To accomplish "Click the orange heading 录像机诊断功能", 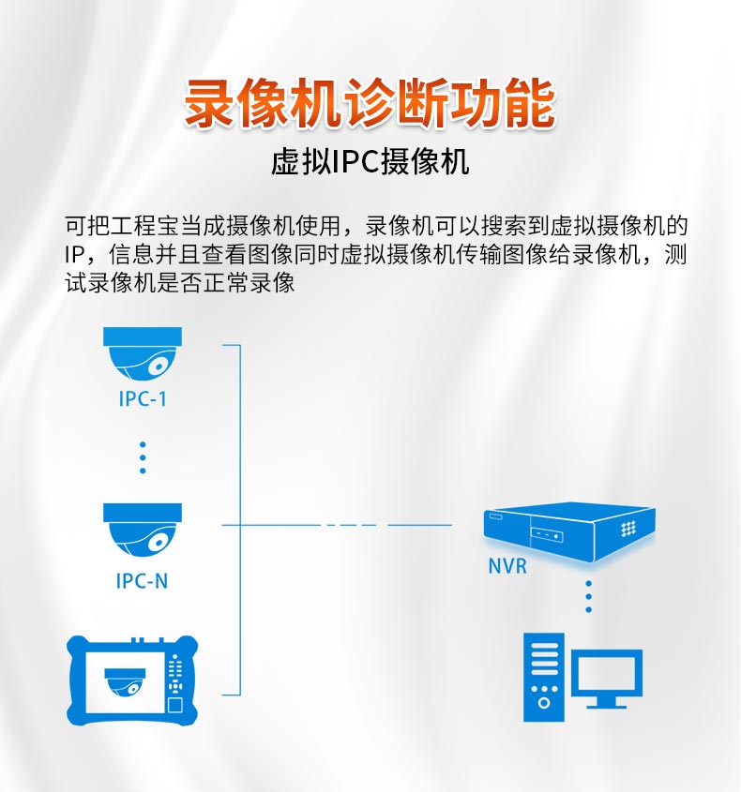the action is click(x=370, y=102).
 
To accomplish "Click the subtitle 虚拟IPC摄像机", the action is click(x=370, y=163).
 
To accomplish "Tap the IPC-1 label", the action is click(x=143, y=398).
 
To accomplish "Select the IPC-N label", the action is click(x=143, y=581).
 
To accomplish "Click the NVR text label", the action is click(x=507, y=566).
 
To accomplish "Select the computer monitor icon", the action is click(x=607, y=680).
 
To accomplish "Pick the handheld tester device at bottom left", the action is click(x=133, y=680).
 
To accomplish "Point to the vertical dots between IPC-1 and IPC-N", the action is click(x=143, y=456).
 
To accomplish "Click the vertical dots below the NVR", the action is click(x=589, y=596).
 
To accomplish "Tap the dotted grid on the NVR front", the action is click(x=628, y=529).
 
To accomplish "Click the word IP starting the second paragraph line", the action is click(x=74, y=255).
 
